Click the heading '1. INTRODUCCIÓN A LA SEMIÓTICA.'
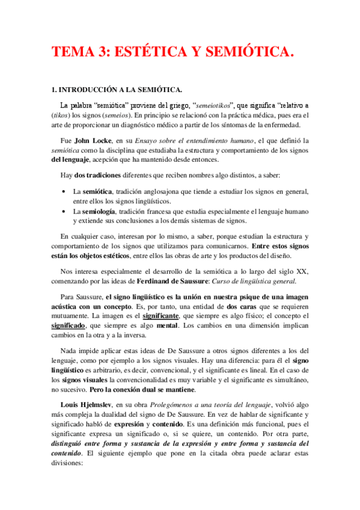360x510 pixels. pyautogui.click(x=118, y=90)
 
